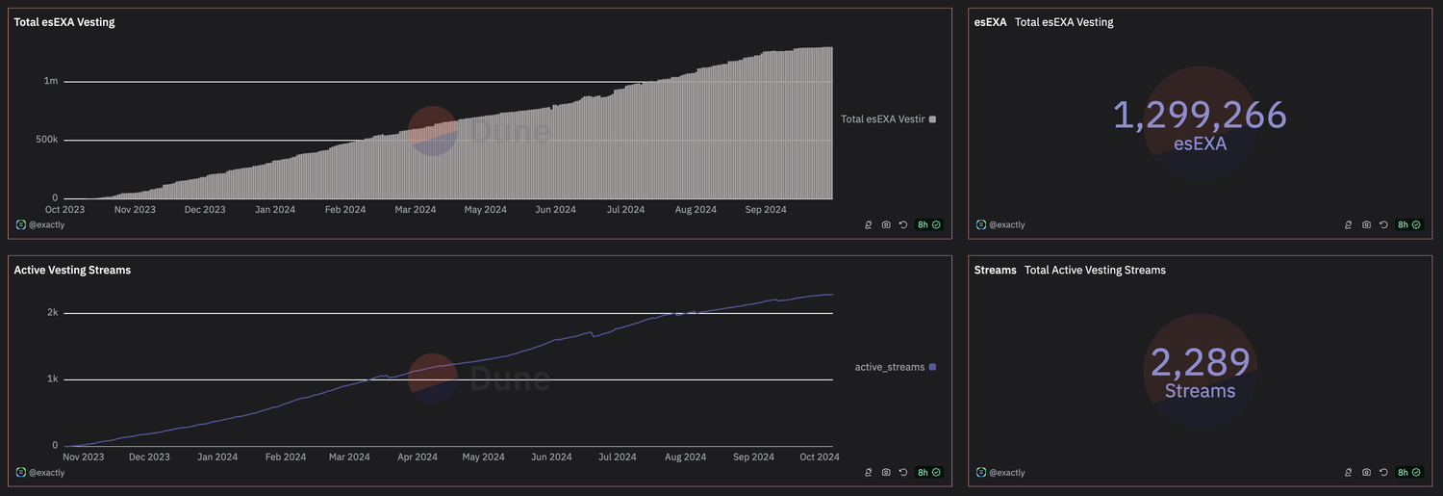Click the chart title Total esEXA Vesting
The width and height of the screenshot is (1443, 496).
63,22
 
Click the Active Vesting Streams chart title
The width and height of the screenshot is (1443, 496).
72,270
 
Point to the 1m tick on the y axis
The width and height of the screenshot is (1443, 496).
51,82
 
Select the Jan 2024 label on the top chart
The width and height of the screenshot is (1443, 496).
274,209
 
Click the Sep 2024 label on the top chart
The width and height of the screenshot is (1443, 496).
765,209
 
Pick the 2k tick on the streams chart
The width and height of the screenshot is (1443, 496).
52,313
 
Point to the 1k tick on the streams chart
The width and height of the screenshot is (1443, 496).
52,379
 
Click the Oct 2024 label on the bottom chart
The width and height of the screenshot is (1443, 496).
818,457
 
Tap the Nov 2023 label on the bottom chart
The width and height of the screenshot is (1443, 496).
84,457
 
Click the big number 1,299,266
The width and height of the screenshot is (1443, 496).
1200,116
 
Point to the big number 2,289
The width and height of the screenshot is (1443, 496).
1200,363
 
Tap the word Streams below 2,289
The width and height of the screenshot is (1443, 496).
1200,391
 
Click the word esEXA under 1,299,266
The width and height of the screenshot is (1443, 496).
1200,144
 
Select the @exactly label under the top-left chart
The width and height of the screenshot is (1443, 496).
45,224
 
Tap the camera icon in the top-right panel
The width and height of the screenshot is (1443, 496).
1366,224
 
